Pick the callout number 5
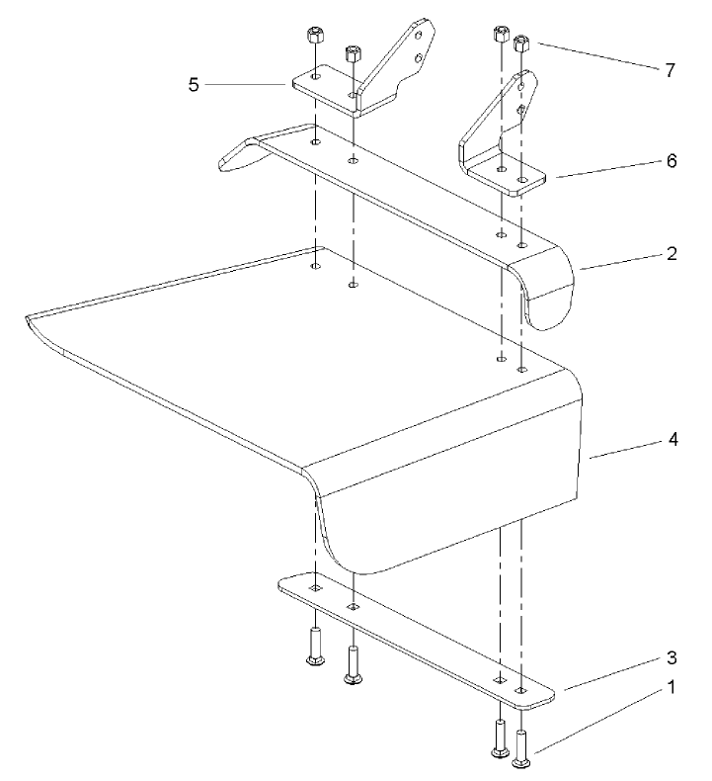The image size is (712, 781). pyautogui.click(x=195, y=85)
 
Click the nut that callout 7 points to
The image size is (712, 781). pyautogui.click(x=523, y=43)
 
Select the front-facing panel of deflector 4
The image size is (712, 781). pyautogui.click(x=444, y=514)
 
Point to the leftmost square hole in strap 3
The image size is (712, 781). pyautogui.click(x=314, y=586)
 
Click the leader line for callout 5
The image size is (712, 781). pyautogui.click(x=247, y=85)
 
